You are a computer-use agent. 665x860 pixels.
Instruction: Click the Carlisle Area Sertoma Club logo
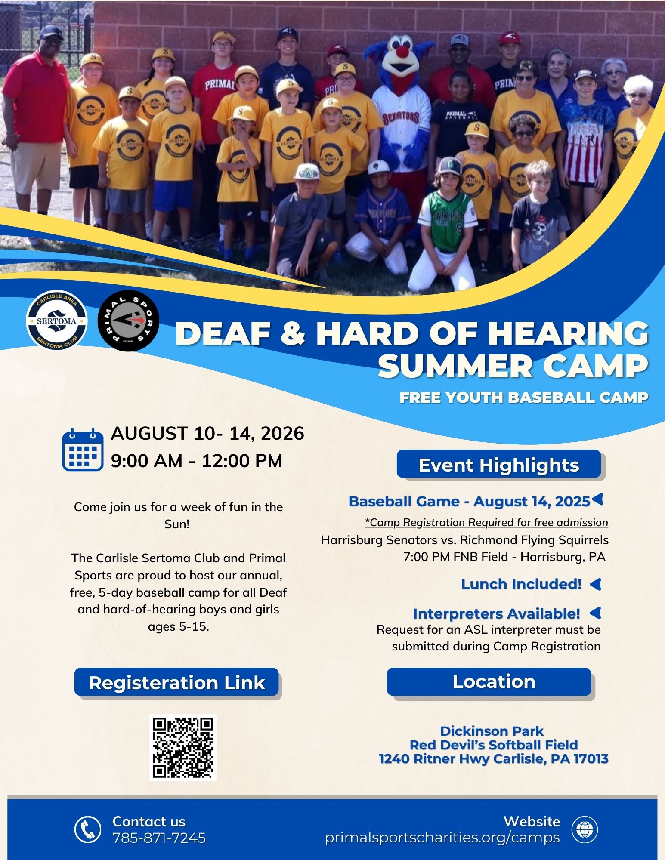[x=57, y=321]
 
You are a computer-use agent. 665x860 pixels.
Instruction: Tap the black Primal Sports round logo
[x=128, y=321]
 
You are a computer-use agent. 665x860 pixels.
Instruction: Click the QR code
[x=183, y=747]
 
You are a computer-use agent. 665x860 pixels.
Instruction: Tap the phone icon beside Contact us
[x=88, y=829]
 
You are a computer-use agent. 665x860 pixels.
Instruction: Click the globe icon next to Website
[x=585, y=829]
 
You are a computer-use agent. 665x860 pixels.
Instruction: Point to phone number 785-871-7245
[x=159, y=838]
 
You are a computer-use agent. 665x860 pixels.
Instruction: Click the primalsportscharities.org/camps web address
[x=442, y=838]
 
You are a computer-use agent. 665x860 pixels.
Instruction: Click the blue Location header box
[x=489, y=681]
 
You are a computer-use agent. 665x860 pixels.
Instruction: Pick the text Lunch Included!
[x=521, y=584]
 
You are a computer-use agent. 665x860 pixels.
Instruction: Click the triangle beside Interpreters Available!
[x=595, y=613]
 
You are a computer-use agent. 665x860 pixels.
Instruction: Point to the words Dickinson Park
[x=492, y=731]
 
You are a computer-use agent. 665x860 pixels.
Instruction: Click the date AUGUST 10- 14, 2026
[x=207, y=433]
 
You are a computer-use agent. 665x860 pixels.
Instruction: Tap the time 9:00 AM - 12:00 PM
[x=197, y=461]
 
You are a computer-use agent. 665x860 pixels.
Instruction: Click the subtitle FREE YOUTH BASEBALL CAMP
[x=524, y=398]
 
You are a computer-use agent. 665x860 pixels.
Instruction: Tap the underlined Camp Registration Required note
[x=486, y=522]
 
